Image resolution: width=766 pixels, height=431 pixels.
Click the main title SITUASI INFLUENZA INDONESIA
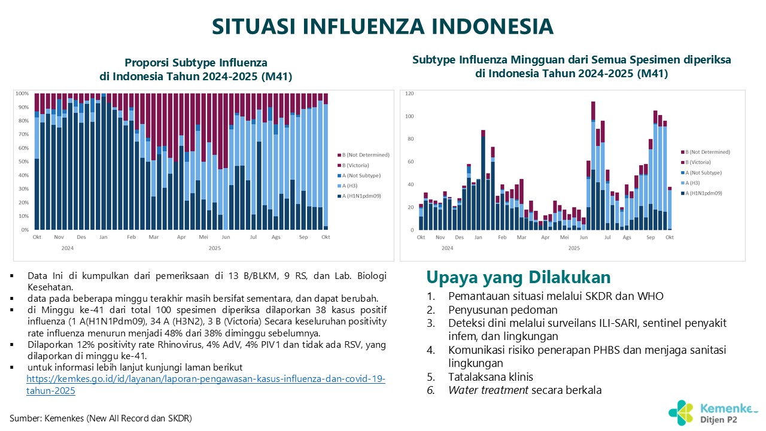click(383, 26)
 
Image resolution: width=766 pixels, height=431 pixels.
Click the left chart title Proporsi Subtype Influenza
click(196, 63)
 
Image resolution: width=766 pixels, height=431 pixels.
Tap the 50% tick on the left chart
click(23, 162)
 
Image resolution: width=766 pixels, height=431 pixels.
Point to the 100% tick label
click(22, 94)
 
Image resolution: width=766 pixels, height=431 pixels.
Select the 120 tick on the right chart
click(410, 94)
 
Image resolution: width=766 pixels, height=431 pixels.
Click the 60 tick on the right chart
click(411, 162)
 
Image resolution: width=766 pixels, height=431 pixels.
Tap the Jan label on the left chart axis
click(104, 237)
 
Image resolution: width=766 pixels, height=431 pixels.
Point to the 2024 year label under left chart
click(68, 247)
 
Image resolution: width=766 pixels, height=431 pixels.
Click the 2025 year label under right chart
click(574, 247)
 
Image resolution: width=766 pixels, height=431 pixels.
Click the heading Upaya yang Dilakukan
click(518, 277)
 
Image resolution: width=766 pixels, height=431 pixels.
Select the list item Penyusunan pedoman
click(503, 309)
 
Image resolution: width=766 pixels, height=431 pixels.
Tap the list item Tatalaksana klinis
click(490, 377)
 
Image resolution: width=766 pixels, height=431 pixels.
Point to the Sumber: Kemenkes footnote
click(101, 418)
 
